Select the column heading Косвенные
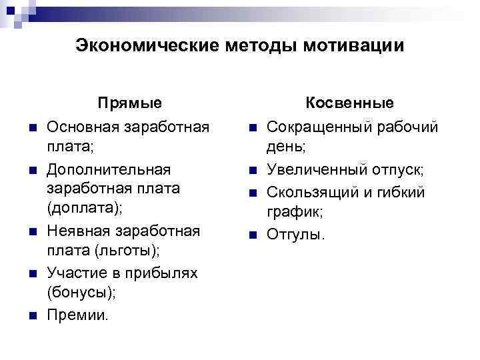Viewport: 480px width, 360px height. (x=349, y=103)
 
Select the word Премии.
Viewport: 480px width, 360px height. (x=77, y=314)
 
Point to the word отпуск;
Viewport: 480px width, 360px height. (x=399, y=171)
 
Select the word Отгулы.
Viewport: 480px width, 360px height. (x=296, y=235)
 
